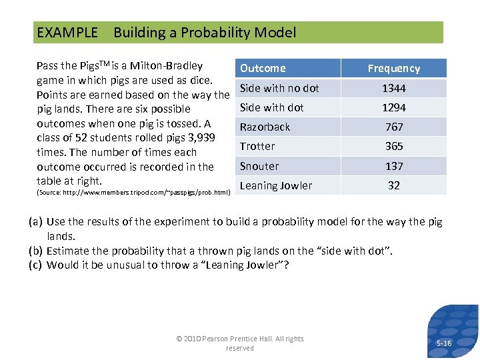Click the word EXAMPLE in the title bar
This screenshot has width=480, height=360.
point(67,33)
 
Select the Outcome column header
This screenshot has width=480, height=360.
point(263,68)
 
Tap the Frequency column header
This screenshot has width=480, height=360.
point(393,68)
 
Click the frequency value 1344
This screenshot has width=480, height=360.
point(393,88)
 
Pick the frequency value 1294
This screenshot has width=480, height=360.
point(393,107)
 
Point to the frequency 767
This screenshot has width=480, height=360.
point(393,127)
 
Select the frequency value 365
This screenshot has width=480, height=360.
point(393,146)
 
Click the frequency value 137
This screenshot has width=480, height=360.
point(393,166)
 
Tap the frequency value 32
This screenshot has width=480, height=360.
point(393,185)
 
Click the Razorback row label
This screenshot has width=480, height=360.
point(265,127)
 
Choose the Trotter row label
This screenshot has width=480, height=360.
point(257,146)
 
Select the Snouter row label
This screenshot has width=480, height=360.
point(259,166)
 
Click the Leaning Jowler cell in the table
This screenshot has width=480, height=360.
point(275,185)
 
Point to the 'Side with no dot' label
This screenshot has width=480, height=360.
point(279,88)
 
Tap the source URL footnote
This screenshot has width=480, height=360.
point(133,193)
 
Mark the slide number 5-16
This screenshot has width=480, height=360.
point(443,343)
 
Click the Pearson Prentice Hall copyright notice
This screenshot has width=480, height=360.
point(239,343)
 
